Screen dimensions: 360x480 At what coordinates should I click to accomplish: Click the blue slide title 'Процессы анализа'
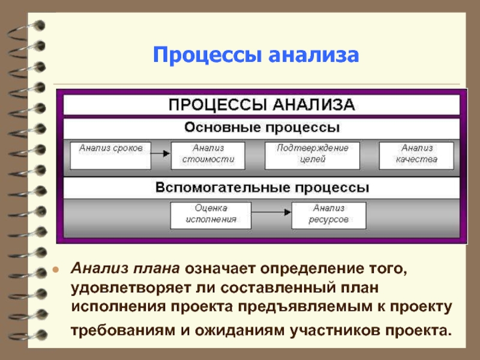256,56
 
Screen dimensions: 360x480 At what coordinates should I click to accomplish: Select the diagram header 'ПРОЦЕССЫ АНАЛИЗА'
262,105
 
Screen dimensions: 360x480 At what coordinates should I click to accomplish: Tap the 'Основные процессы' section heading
262,128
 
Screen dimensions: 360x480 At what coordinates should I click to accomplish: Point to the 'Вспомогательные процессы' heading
262,188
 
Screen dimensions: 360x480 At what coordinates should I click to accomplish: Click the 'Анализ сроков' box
110,155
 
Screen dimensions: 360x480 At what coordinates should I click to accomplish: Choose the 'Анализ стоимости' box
208,155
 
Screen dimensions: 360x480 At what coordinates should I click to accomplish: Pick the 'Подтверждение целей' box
312,155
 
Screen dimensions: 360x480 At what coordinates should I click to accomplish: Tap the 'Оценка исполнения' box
211,215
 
